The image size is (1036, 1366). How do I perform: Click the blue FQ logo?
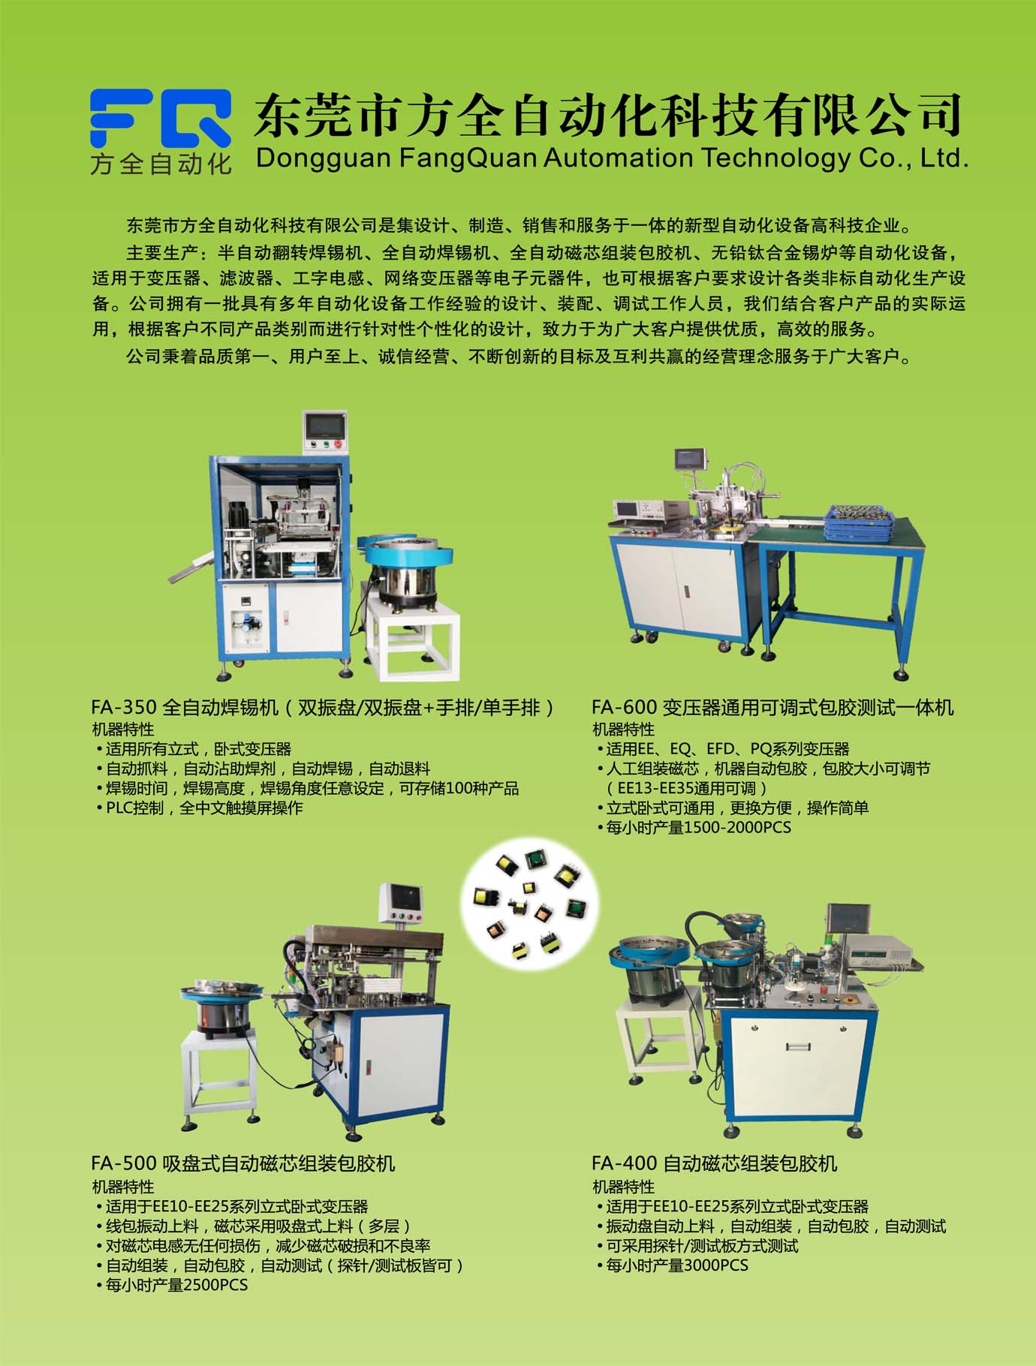(160, 119)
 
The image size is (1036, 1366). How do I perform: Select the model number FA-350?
(124, 707)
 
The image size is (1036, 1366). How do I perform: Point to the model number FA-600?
(625, 707)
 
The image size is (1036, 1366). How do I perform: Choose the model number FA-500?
(124, 1163)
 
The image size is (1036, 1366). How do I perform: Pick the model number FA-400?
(625, 1163)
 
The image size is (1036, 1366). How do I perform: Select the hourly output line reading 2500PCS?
(173, 1285)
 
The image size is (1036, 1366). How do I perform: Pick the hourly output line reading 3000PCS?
(673, 1265)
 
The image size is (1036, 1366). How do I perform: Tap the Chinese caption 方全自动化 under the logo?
(161, 164)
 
